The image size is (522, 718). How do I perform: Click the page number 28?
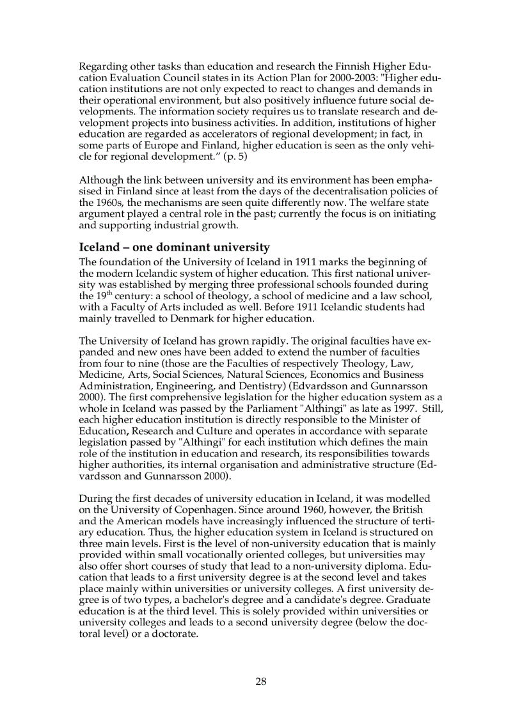coord(261,681)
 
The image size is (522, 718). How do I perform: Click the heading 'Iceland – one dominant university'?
coord(174,247)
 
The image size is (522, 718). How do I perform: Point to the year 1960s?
coord(109,203)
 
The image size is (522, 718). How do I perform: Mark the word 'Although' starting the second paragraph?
coord(100,181)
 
